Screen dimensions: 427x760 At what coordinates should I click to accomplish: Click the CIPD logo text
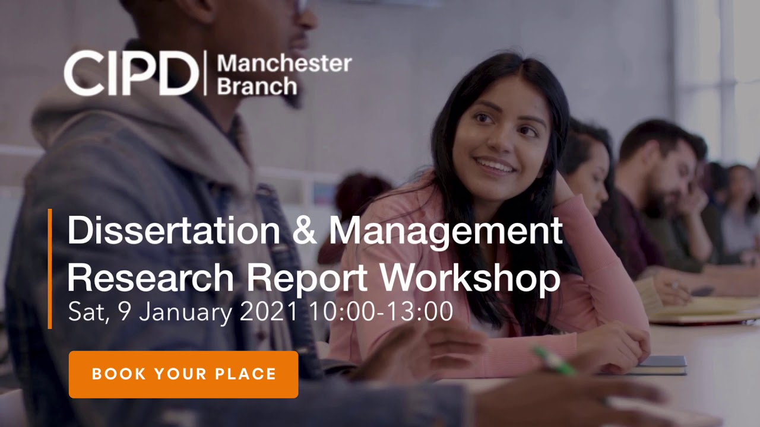click(131, 74)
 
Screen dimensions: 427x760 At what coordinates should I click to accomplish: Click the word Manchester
click(284, 63)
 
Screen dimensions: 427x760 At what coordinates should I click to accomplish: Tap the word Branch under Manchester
click(256, 86)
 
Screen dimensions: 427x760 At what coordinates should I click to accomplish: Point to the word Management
click(445, 231)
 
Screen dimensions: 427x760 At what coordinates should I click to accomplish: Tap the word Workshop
click(470, 278)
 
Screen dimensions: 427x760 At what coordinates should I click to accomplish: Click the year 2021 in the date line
click(270, 312)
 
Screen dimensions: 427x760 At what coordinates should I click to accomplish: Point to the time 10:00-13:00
click(381, 312)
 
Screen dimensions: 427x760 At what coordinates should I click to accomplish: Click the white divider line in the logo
click(205, 74)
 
